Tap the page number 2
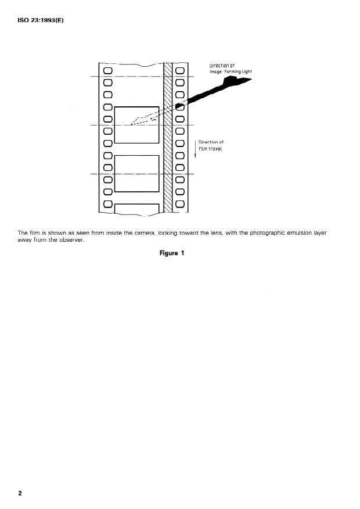[20, 493]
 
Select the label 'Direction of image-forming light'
[231, 68]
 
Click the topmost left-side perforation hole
[107, 71]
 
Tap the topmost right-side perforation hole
[179, 71]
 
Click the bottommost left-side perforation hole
[107, 204]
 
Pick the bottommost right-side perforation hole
[179, 204]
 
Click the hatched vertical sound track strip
[168, 139]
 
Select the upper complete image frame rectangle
[137, 124]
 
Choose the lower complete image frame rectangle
[137, 173]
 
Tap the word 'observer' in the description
[71, 240]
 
